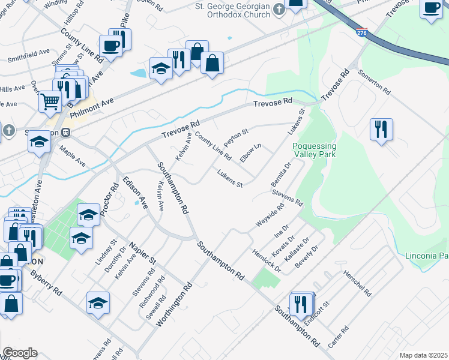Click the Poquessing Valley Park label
click(x=315, y=150)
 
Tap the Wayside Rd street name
click(x=270, y=217)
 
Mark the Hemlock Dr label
click(x=267, y=260)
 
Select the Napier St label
click(x=144, y=254)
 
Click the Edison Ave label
click(x=134, y=192)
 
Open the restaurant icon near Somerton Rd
click(x=381, y=130)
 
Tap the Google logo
click(x=19, y=353)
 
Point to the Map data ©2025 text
click(x=423, y=355)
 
